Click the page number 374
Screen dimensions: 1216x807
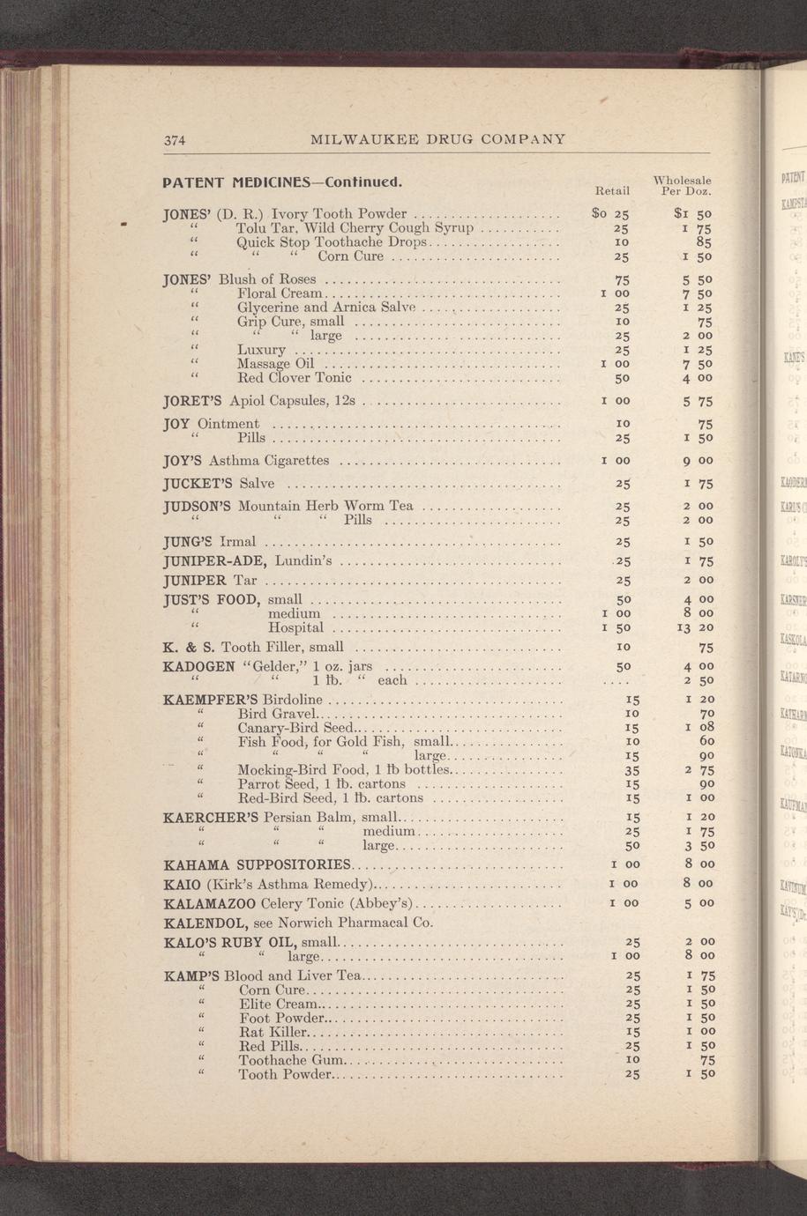tap(174, 139)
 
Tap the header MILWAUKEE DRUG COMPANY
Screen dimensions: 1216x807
tap(438, 139)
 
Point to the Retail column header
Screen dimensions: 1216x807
tap(612, 190)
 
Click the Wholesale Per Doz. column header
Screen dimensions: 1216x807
tap(683, 185)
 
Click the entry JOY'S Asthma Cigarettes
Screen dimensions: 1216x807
tap(247, 460)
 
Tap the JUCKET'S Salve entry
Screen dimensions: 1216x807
tap(220, 484)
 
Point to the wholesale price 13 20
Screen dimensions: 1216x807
tap(694, 627)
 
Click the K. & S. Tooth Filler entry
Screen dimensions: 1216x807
tap(254, 648)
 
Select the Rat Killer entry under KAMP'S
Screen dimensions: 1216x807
tap(273, 1032)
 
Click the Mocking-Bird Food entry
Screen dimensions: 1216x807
tap(345, 769)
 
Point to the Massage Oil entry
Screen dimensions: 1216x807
tap(275, 363)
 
